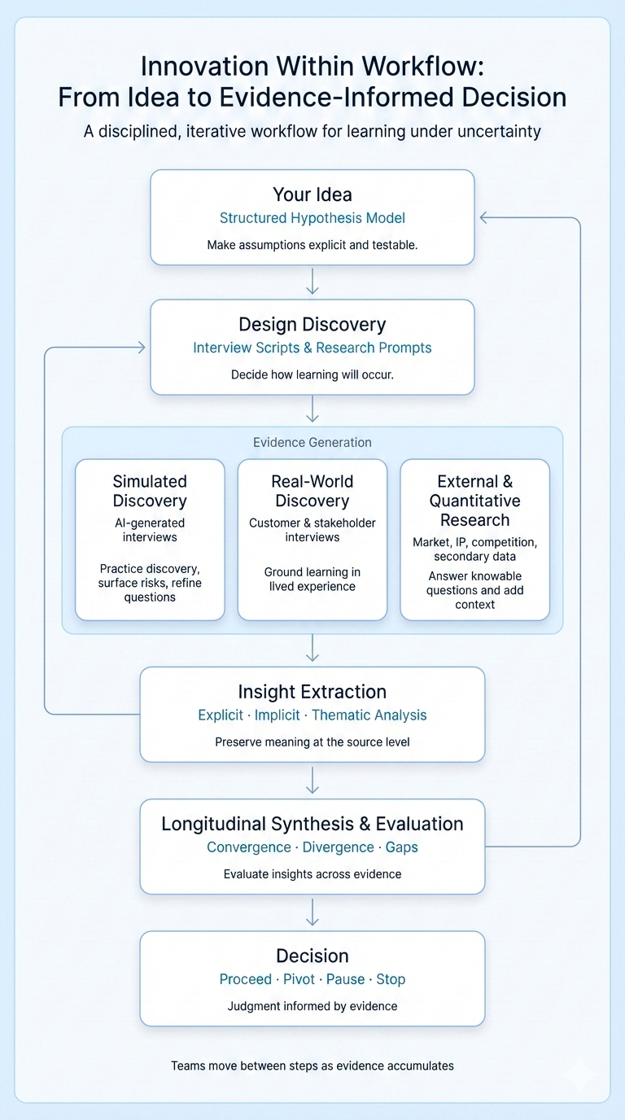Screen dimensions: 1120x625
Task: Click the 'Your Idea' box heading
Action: [312, 195]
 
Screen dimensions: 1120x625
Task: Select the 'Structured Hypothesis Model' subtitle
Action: [312, 218]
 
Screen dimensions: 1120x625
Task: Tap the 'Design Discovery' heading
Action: [312, 325]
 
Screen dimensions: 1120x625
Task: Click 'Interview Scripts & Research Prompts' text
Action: [312, 348]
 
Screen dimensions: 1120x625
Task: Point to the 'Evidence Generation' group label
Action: [312, 443]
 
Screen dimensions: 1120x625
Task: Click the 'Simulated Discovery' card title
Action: [150, 491]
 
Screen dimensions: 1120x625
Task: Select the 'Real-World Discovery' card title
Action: [312, 491]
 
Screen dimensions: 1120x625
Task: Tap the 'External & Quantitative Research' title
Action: [475, 501]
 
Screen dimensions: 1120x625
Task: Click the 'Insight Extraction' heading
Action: [312, 692]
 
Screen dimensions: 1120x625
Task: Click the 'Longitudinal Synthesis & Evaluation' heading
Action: [312, 824]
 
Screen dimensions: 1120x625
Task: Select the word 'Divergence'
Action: [334, 847]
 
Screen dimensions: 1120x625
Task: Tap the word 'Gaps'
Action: [402, 847]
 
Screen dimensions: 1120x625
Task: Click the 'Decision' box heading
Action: [312, 956]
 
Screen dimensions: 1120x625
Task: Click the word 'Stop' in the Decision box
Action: [391, 979]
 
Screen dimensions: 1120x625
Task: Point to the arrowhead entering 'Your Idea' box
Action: [483, 217]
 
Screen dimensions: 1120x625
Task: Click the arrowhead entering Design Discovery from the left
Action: [141, 348]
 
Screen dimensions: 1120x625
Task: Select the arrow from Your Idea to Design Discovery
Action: [312, 282]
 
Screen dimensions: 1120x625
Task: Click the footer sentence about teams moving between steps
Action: [312, 1065]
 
